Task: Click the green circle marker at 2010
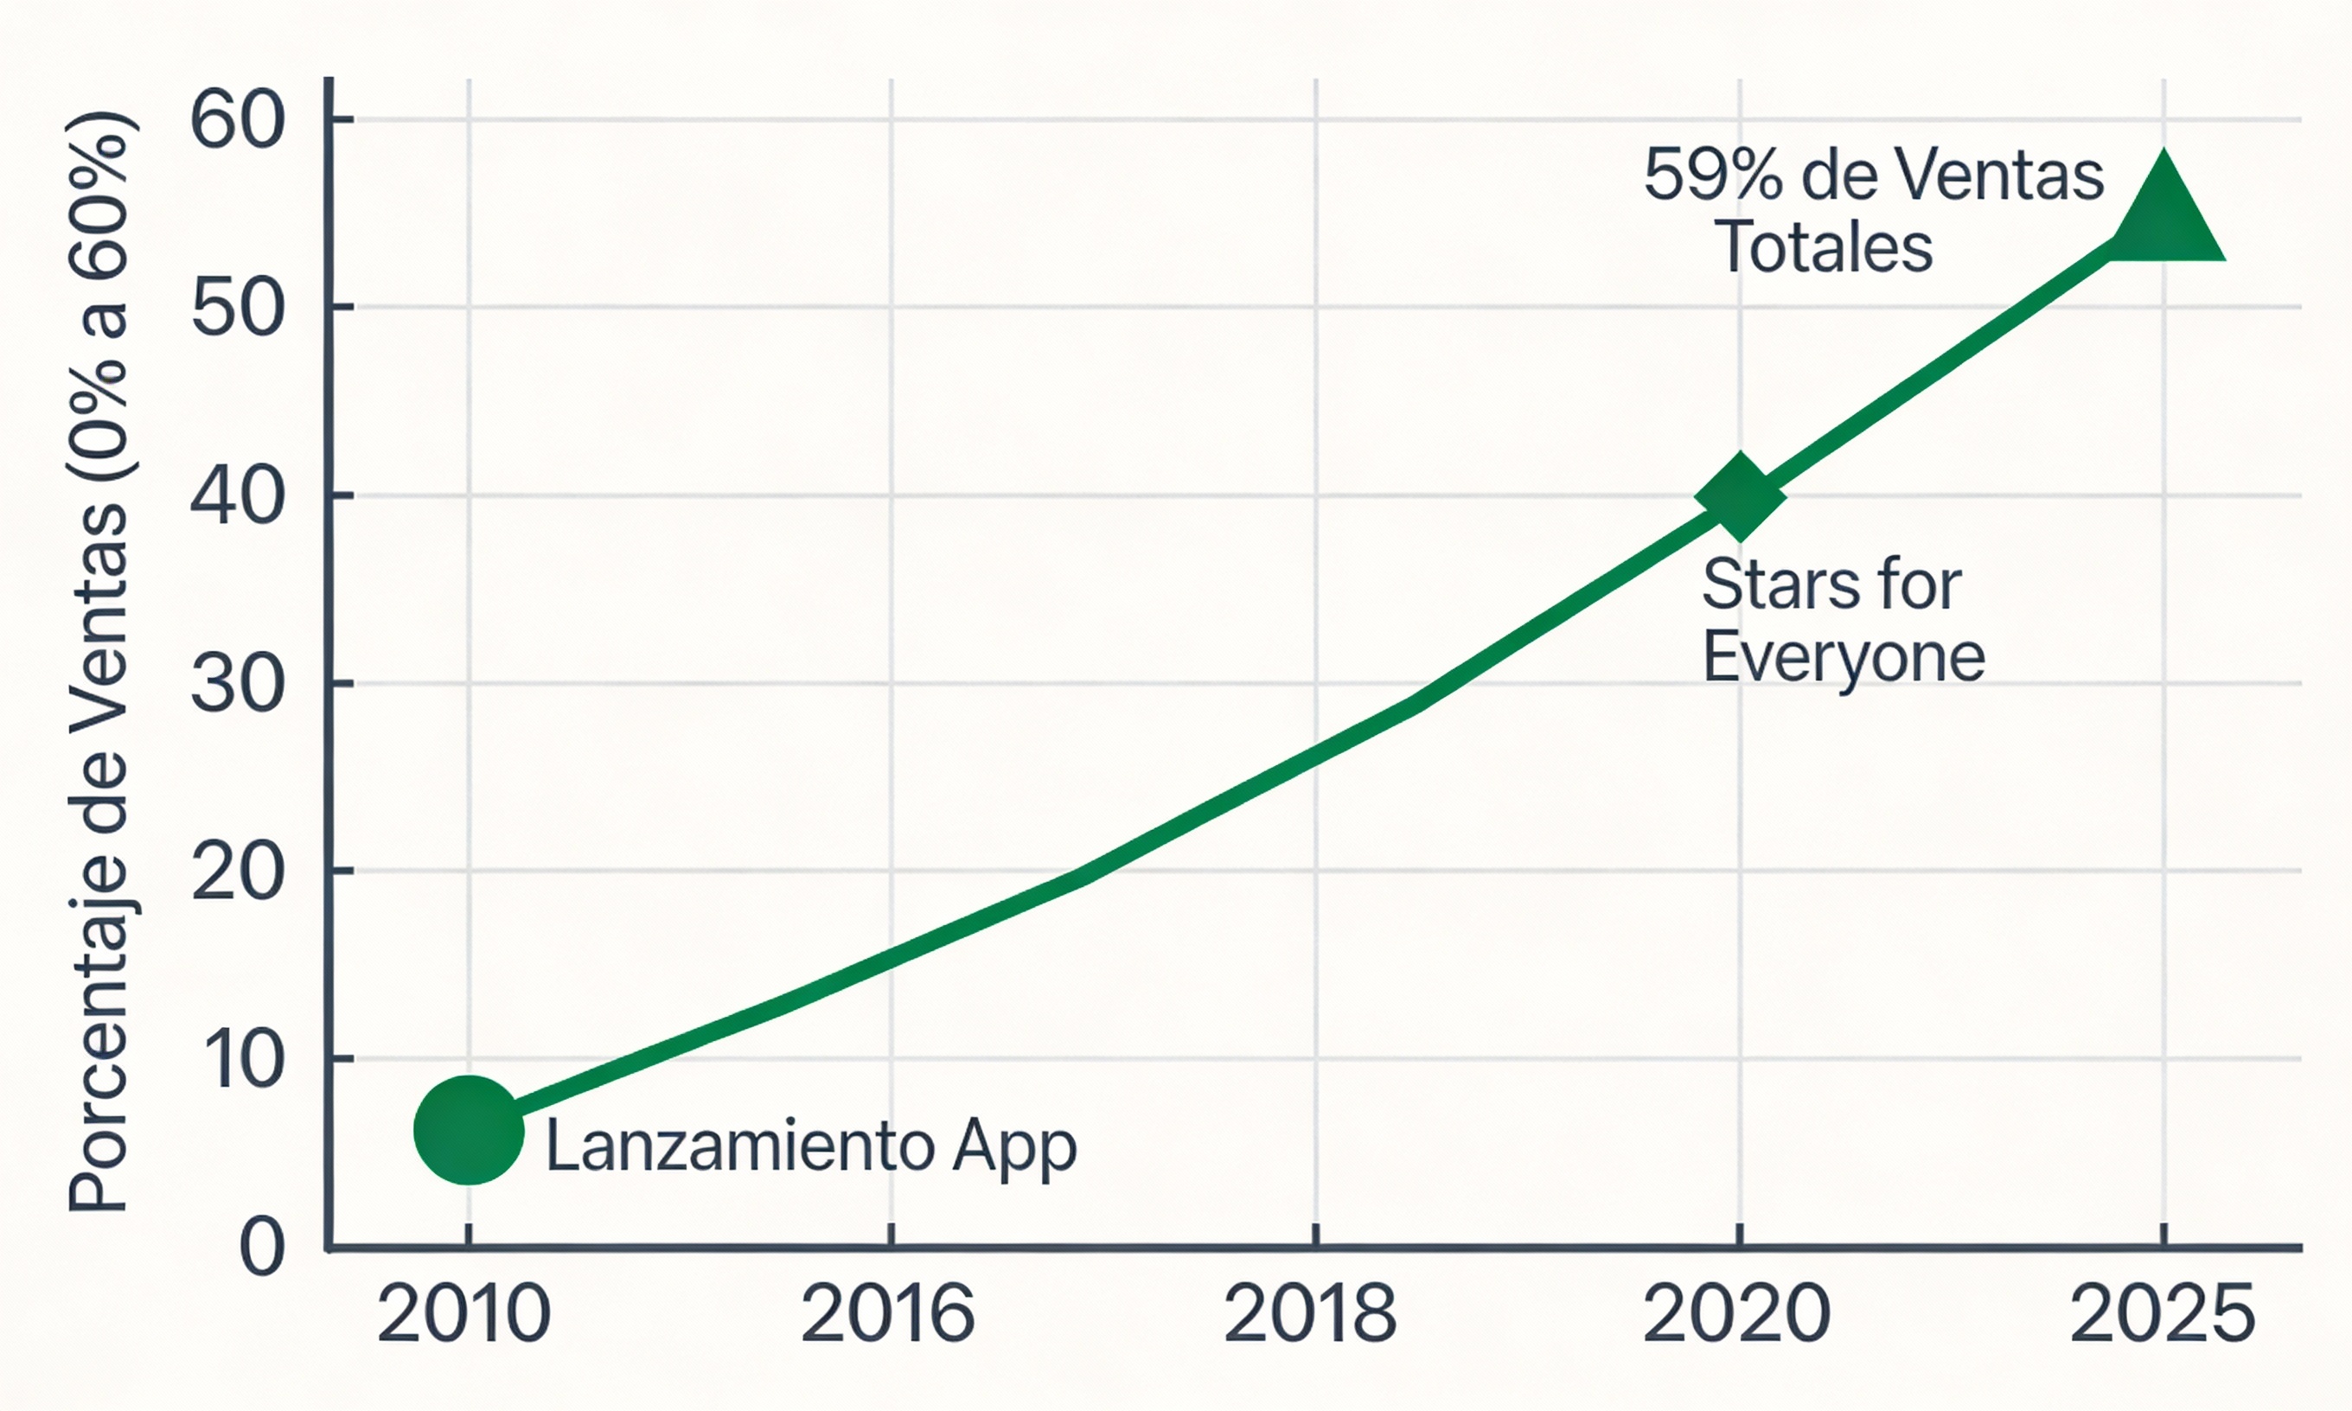pyautogui.click(x=469, y=1131)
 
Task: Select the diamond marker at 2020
pyautogui.click(x=1740, y=496)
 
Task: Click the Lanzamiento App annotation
pyautogui.click(x=811, y=1147)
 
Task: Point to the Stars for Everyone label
pyautogui.click(x=1842, y=620)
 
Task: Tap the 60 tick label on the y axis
pyautogui.click(x=238, y=122)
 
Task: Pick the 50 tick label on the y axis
pyautogui.click(x=238, y=309)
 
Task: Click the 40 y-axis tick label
pyautogui.click(x=238, y=497)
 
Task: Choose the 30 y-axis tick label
pyautogui.click(x=238, y=685)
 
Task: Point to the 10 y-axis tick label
pyautogui.click(x=243, y=1060)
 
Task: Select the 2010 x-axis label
pyautogui.click(x=464, y=1315)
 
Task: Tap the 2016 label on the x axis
pyautogui.click(x=888, y=1315)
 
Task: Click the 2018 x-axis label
pyautogui.click(x=1310, y=1315)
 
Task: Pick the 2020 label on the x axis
pyautogui.click(x=1736, y=1315)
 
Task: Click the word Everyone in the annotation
pyautogui.click(x=1844, y=657)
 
